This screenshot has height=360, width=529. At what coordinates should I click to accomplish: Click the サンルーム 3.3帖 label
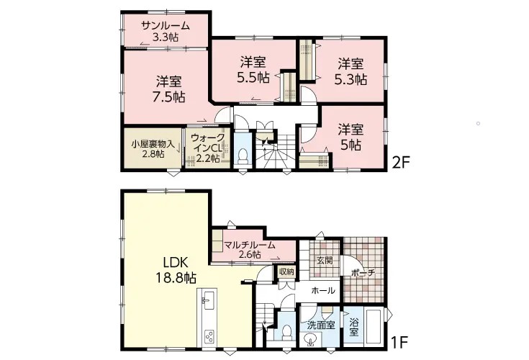tap(166, 31)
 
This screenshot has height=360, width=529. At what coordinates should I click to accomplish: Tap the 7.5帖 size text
tap(168, 97)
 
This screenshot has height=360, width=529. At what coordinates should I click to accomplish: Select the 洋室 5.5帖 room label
tap(253, 70)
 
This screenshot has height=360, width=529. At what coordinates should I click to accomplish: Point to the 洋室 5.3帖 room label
tap(351, 71)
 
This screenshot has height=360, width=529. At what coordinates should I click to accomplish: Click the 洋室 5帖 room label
tap(351, 137)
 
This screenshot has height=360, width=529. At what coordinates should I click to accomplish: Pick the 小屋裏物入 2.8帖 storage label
tap(153, 149)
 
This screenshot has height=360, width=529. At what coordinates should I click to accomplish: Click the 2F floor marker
tap(400, 163)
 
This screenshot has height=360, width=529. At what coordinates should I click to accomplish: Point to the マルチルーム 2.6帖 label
tap(250, 250)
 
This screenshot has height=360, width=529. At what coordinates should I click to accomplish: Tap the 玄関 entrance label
tap(325, 260)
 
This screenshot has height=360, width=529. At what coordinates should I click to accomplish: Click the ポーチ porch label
tap(363, 273)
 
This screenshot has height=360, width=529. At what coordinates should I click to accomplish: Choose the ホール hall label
tap(323, 290)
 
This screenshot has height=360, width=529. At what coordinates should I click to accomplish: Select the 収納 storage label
tap(286, 271)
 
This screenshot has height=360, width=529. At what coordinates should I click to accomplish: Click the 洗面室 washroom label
tap(321, 325)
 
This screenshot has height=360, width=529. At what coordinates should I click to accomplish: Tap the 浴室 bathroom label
tap(353, 328)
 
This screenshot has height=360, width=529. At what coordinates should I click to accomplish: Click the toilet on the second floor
tap(243, 155)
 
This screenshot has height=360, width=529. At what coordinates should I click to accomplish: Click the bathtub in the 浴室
tap(373, 327)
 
